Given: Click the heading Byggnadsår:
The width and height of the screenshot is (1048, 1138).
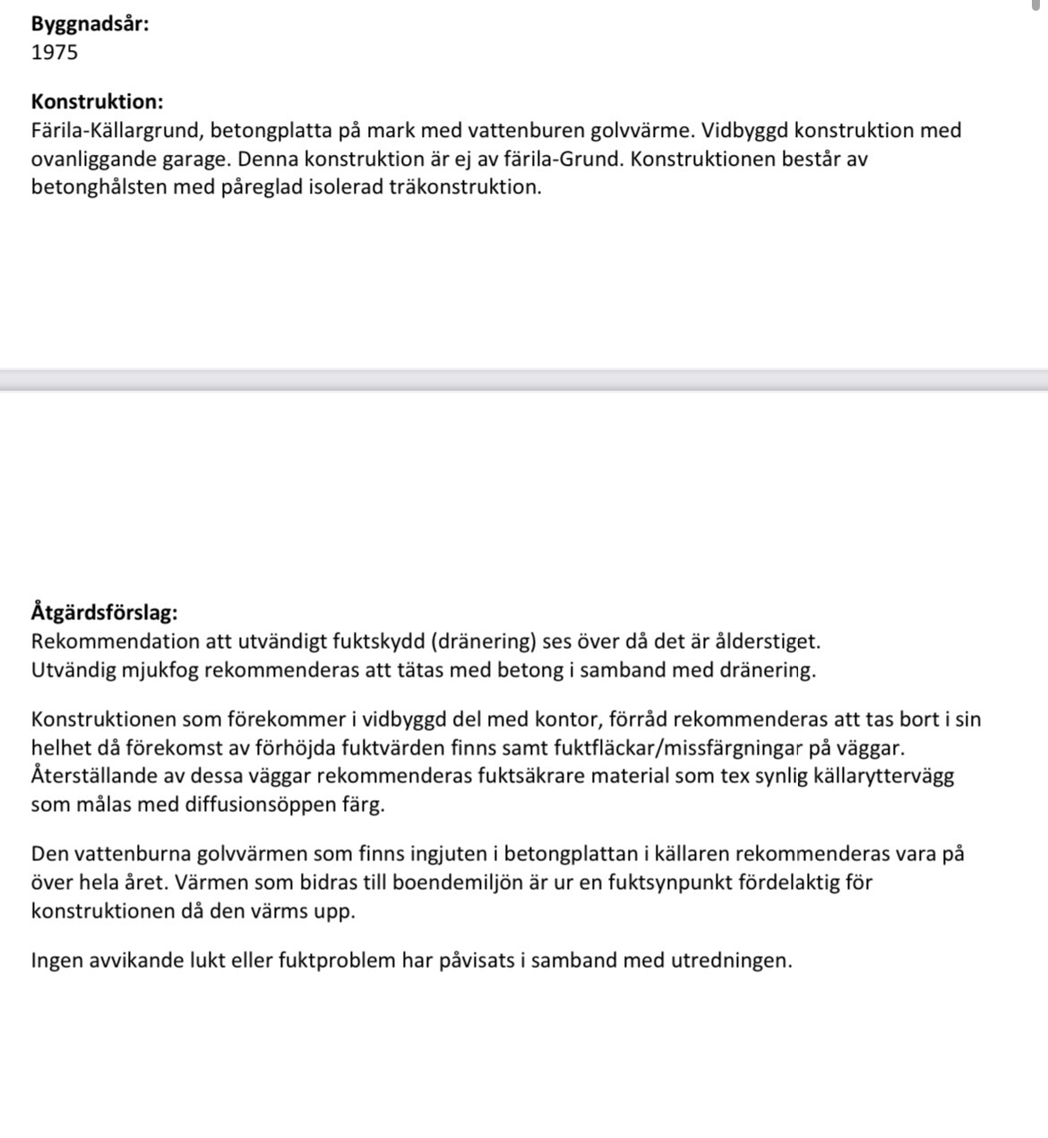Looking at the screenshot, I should click(90, 24).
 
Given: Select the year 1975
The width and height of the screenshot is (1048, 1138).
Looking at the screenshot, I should click(55, 53).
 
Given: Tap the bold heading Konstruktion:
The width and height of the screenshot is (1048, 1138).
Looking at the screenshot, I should click(97, 102).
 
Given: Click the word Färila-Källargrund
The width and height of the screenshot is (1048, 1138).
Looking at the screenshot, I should click(115, 131).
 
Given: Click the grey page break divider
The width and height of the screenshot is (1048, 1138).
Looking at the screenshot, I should click(524, 380).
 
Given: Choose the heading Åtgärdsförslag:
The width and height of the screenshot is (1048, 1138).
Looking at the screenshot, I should click(104, 613).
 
